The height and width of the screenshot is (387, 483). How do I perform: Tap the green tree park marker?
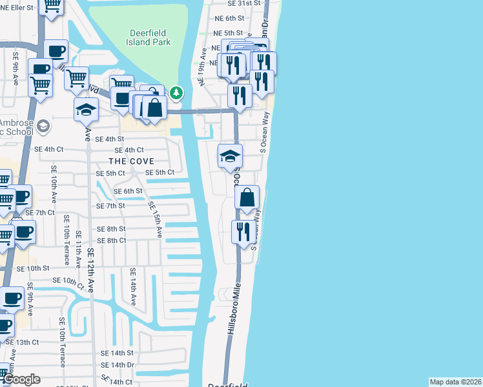tap(176, 94)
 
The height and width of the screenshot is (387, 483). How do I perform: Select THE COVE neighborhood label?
tap(131, 161)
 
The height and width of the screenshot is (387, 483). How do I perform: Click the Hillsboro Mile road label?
tap(234, 309)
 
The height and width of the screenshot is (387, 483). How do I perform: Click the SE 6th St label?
tap(127, 191)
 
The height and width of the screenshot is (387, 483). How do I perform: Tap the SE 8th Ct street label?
tap(111, 241)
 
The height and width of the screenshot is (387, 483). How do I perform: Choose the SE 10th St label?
tap(32, 268)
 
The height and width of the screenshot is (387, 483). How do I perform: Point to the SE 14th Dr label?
tap(117, 365)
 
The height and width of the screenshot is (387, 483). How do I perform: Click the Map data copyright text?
tap(455, 382)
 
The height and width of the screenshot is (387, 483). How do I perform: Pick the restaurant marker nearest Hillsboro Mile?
tap(243, 230)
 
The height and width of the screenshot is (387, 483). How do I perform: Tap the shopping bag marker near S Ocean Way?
tap(247, 197)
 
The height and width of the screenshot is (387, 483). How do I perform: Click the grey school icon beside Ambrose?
tap(43, 125)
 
